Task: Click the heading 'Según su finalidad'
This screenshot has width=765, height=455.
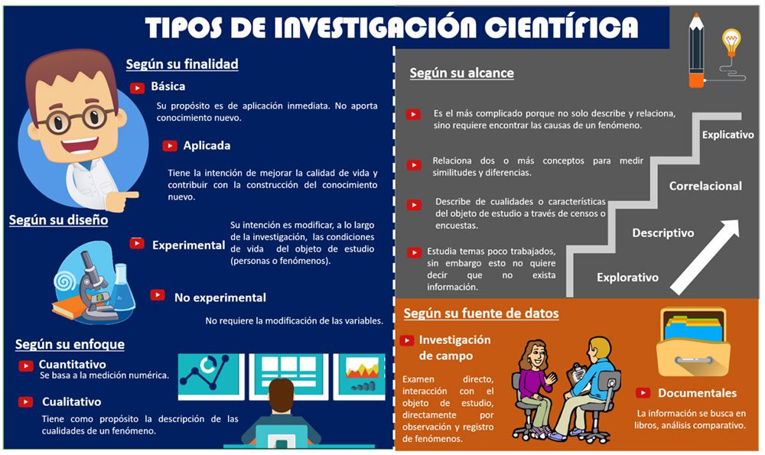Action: pyautogui.click(x=182, y=64)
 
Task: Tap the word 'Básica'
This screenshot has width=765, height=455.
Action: pyautogui.click(x=168, y=86)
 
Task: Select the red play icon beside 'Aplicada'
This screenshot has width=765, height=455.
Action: pyautogui.click(x=170, y=146)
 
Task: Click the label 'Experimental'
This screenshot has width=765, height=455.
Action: pyautogui.click(x=188, y=245)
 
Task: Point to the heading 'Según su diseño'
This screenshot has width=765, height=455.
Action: pyautogui.click(x=59, y=220)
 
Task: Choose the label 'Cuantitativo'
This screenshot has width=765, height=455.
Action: pyautogui.click(x=72, y=364)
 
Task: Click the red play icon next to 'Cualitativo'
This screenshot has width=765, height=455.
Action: pyautogui.click(x=25, y=401)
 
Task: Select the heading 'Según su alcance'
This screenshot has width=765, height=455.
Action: pyautogui.click(x=461, y=73)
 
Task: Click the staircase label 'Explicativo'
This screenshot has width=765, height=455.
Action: pyautogui.click(x=728, y=135)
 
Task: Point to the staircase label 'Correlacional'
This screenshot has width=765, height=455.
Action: pyautogui.click(x=705, y=186)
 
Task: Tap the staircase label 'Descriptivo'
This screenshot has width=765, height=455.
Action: pyautogui.click(x=663, y=233)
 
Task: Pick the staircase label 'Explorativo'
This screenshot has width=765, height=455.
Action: pyautogui.click(x=627, y=278)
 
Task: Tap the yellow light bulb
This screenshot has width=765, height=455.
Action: pyautogui.click(x=731, y=41)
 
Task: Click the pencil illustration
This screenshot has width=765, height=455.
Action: pyautogui.click(x=696, y=50)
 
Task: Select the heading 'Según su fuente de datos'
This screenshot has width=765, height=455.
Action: pyautogui.click(x=481, y=314)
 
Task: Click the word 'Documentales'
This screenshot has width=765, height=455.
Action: pyautogui.click(x=697, y=393)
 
